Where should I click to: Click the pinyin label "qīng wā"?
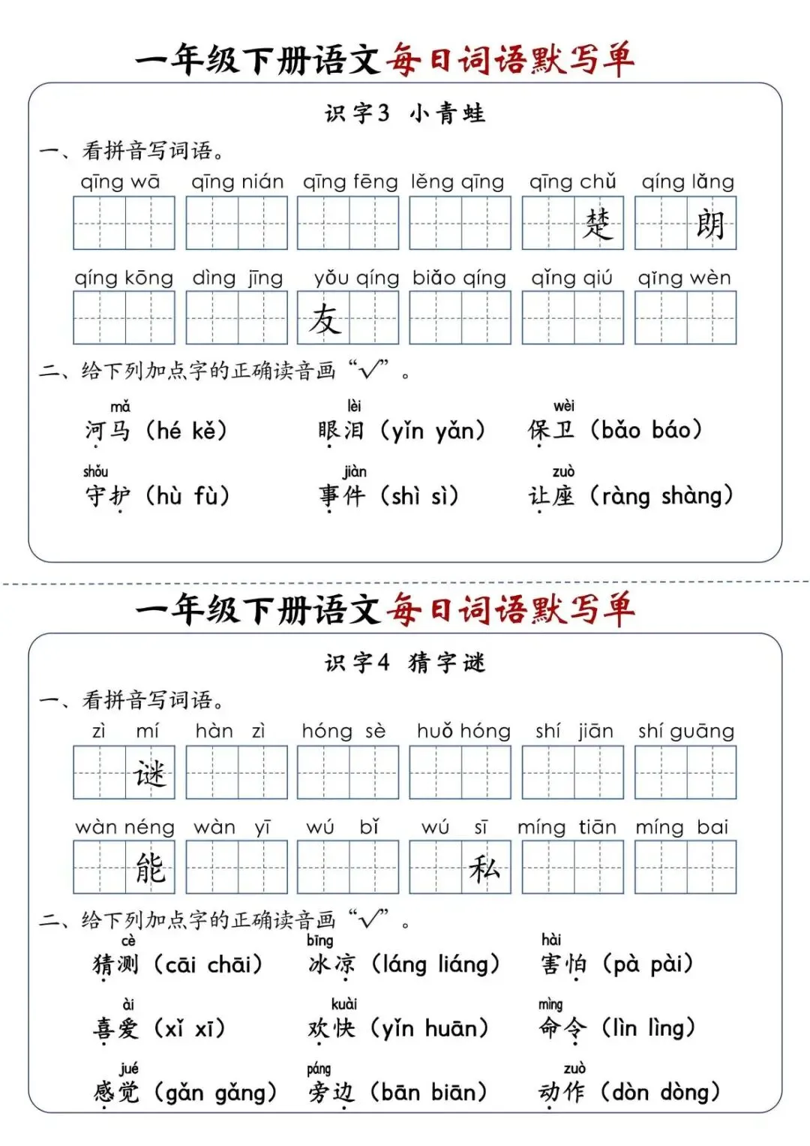[120, 182]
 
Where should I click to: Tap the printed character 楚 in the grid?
[598, 223]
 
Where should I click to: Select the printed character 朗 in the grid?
[710, 223]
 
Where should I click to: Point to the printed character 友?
[324, 318]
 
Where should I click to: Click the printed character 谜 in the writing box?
[149, 772]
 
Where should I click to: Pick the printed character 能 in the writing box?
[149, 868]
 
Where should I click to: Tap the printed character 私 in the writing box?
[484, 868]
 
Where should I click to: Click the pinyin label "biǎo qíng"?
[459, 278]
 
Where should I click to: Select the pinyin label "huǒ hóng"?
[463, 732]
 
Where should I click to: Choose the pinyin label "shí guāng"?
[686, 732]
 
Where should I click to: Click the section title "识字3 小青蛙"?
[405, 113]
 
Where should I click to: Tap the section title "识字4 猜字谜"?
[405, 663]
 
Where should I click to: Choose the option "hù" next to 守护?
[169, 495]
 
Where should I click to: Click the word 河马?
[107, 431]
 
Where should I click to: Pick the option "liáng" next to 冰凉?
[462, 964]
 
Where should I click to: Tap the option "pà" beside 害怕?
[626, 964]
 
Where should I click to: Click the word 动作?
[562, 1092]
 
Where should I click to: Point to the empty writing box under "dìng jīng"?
[236, 318]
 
